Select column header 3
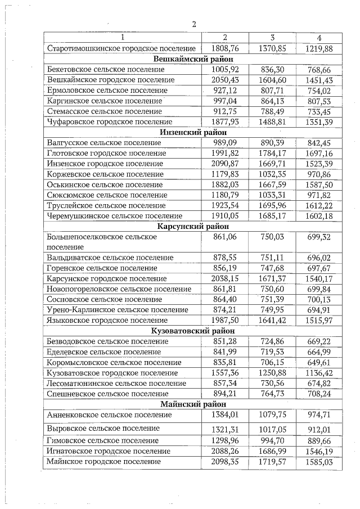click(272, 38)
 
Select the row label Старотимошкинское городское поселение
click(121, 48)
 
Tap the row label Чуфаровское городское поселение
click(110, 121)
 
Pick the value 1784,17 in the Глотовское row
click(273, 153)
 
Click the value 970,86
click(319, 174)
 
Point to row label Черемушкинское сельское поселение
click(115, 216)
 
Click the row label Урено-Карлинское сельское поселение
click(118, 309)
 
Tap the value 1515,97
click(319, 320)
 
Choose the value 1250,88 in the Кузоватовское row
click(273, 372)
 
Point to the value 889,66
click(319, 440)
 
